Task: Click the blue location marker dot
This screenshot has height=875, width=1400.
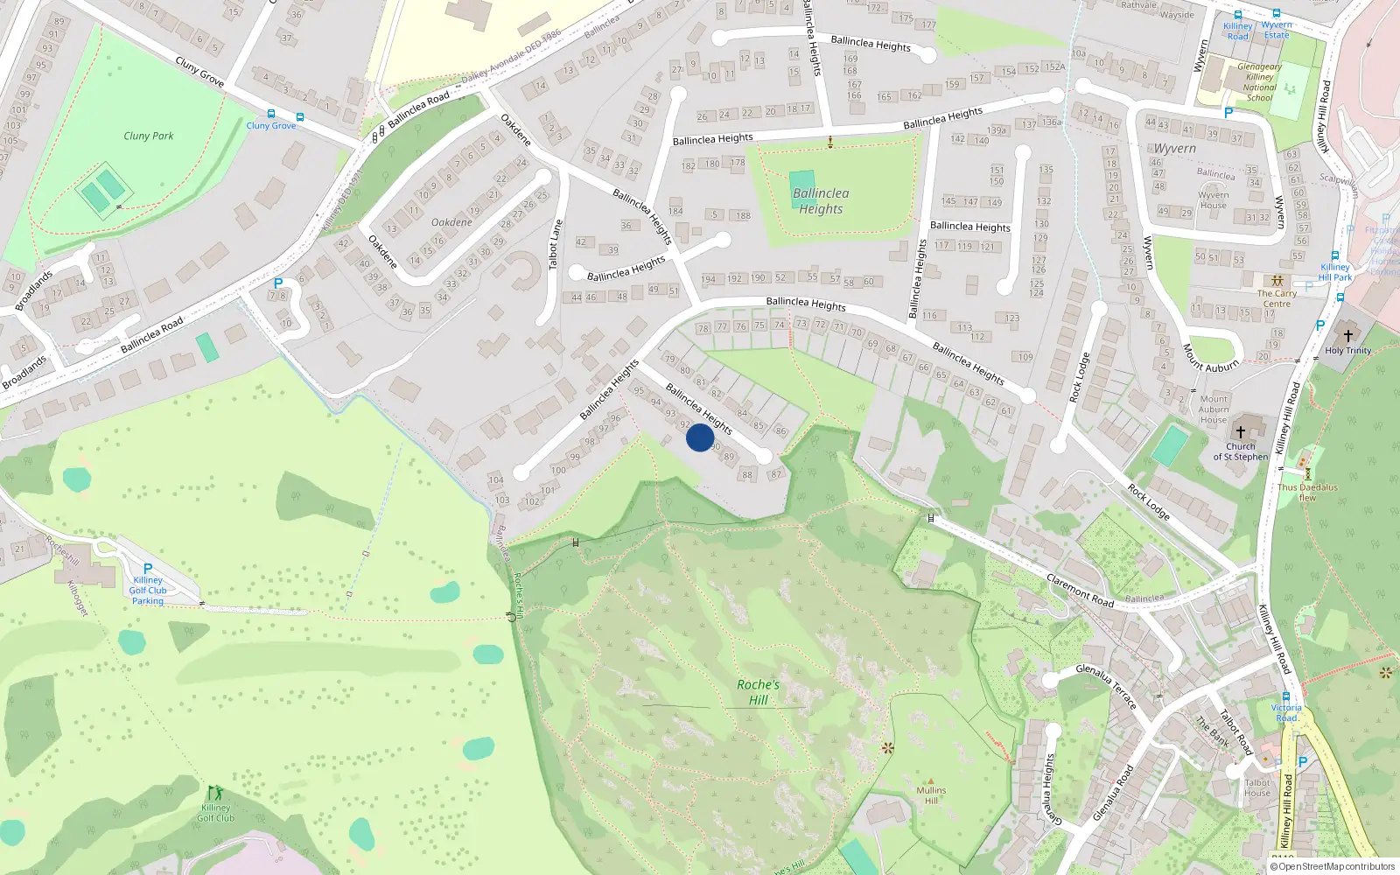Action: [x=700, y=437]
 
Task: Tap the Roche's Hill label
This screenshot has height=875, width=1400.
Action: [x=758, y=692]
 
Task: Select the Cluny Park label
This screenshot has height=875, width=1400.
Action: [x=149, y=136]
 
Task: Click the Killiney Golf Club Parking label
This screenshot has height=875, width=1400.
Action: [x=148, y=591]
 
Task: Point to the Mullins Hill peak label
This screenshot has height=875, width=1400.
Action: [x=931, y=795]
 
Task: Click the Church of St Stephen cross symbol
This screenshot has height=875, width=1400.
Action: [x=1240, y=432]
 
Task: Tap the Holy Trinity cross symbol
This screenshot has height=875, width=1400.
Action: [x=1347, y=336]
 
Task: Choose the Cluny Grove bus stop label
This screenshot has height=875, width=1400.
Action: [x=271, y=126]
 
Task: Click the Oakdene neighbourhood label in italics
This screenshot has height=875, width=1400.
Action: [x=451, y=222]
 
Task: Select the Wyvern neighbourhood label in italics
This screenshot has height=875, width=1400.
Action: [x=1174, y=149]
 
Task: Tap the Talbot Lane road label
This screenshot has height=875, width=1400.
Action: [x=554, y=244]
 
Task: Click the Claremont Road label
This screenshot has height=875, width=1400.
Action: [x=1081, y=591]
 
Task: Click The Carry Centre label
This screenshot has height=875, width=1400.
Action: [x=1277, y=298]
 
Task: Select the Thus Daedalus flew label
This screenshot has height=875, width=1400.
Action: [x=1307, y=493]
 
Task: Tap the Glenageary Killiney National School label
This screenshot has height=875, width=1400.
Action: [x=1259, y=82]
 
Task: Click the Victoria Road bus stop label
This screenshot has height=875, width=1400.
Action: [x=1286, y=712]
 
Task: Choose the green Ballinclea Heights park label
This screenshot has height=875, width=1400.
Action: [x=821, y=201]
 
